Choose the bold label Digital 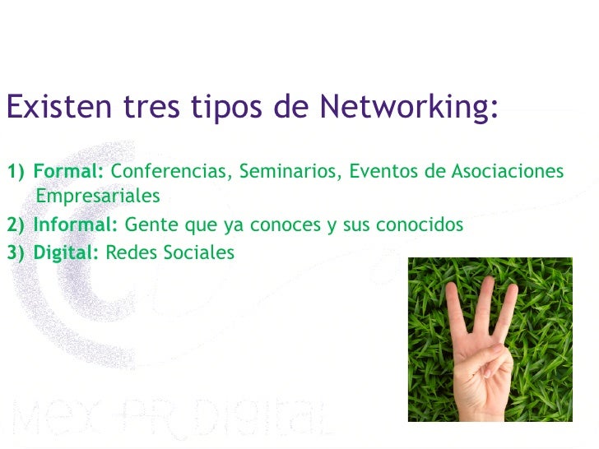(x=66, y=252)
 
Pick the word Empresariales (x=98, y=197)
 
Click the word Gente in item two (x=148, y=225)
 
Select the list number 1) (x=16, y=172)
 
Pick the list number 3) (x=16, y=252)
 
